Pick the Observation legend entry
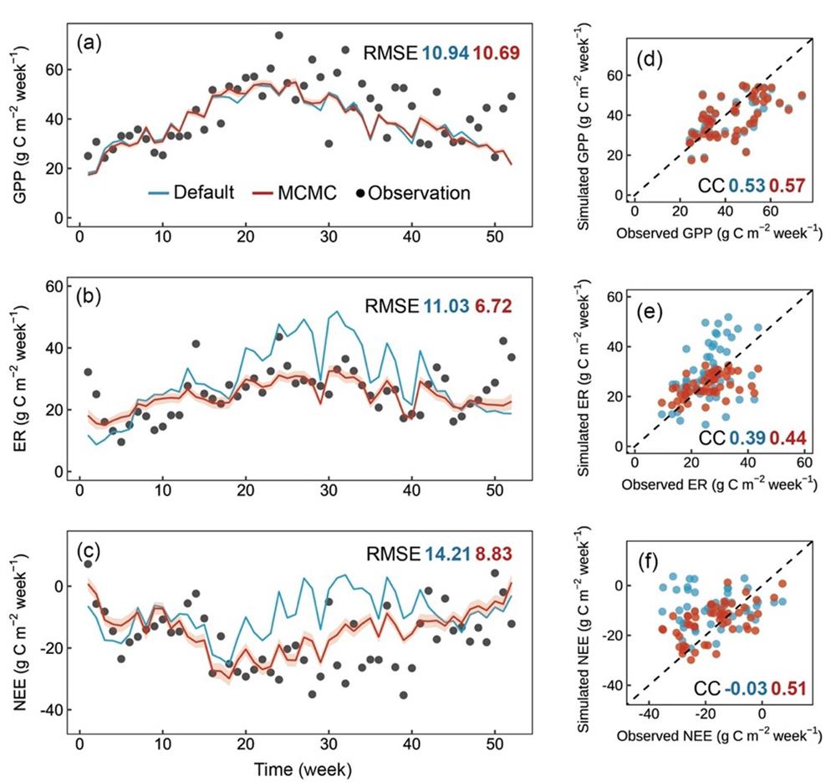point(413,192)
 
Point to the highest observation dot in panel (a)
point(279,35)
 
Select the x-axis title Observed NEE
point(716,733)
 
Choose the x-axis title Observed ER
point(716,483)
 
